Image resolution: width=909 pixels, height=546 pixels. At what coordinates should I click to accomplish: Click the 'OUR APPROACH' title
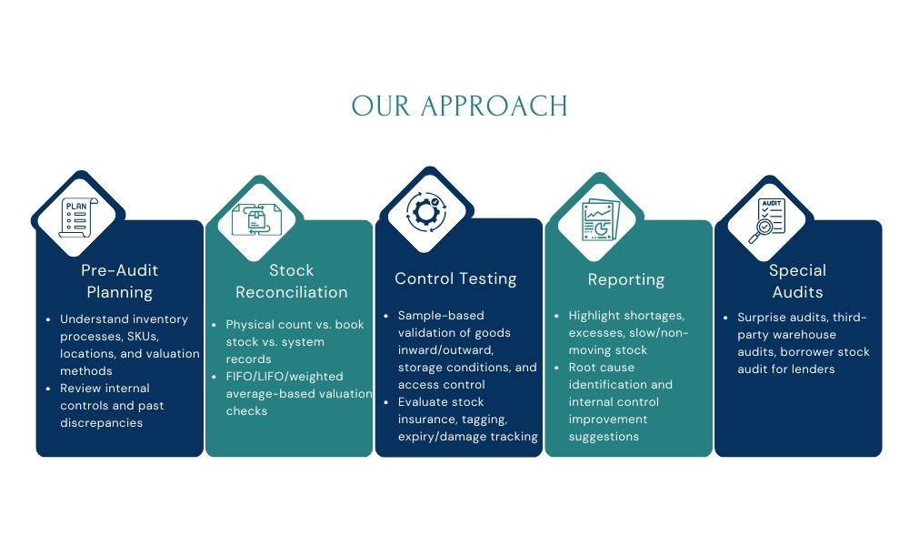click(x=459, y=106)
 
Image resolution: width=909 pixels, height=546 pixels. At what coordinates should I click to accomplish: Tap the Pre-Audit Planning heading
click(x=119, y=281)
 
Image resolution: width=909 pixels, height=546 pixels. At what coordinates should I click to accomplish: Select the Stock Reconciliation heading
click(x=291, y=281)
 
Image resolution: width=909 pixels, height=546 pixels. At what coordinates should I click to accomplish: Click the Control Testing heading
click(x=455, y=278)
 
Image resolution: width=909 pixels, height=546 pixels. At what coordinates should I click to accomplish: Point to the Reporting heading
click(x=626, y=279)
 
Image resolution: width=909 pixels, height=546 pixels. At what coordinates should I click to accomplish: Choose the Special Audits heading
click(x=796, y=281)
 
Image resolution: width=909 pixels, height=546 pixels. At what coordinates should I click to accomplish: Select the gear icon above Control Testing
click(x=425, y=211)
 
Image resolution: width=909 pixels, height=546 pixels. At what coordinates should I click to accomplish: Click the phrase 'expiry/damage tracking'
click(x=468, y=437)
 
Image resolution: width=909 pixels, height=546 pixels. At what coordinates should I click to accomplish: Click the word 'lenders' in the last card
click(x=813, y=369)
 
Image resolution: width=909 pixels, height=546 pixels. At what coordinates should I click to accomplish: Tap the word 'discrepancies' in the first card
click(x=101, y=422)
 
